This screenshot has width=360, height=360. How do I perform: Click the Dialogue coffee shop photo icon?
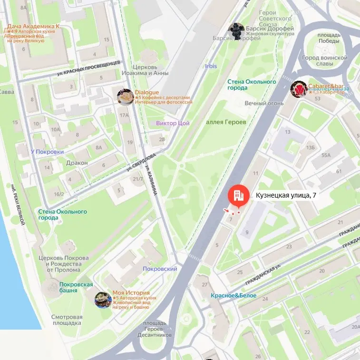click(126, 97)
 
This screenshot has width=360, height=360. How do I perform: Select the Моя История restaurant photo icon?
click(103, 300)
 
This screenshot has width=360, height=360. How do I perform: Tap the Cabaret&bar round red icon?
click(299, 89)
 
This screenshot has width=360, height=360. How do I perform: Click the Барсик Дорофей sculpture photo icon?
click(236, 31)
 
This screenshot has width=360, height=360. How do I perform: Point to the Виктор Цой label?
click(173, 123)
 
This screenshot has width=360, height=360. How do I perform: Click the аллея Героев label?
click(226, 122)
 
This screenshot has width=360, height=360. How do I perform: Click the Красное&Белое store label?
click(234, 295)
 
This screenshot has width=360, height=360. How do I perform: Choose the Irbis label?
click(211, 66)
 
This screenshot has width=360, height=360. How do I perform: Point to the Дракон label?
click(77, 163)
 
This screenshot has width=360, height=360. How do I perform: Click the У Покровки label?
click(47, 152)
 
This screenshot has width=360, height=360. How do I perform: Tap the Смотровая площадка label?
click(67, 320)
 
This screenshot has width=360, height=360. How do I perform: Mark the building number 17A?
click(125, 115)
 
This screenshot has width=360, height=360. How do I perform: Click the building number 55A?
click(326, 155)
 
